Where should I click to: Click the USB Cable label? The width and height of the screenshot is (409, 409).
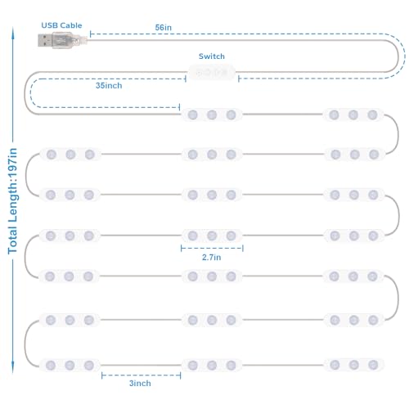(x=61, y=25)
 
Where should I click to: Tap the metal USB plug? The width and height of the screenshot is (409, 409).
(x=45, y=40)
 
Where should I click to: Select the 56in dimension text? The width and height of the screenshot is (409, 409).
(x=164, y=28)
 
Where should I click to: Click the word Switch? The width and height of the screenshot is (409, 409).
(x=212, y=56)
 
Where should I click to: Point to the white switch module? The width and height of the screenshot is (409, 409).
(x=212, y=73)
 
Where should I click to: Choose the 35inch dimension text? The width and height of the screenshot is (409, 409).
(x=109, y=86)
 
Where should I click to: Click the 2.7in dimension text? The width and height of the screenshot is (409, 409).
(x=211, y=258)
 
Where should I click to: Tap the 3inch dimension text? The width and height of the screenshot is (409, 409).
(x=140, y=384)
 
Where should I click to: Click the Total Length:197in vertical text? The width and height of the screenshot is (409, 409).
(x=13, y=201)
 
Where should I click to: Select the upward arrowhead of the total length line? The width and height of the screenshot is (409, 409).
(x=13, y=31)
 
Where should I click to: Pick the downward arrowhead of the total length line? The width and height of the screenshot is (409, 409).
(x=13, y=367)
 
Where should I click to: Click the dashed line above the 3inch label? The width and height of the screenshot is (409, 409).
(x=141, y=375)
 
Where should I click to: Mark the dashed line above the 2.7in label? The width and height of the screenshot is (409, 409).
(x=212, y=248)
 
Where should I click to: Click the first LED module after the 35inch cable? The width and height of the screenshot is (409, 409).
(x=212, y=115)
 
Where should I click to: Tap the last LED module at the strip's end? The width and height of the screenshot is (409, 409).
(x=353, y=365)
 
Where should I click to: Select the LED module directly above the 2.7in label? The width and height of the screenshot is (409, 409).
(x=212, y=236)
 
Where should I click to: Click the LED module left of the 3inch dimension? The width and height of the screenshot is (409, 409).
(x=70, y=365)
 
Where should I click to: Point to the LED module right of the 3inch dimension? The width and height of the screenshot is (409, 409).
(x=212, y=365)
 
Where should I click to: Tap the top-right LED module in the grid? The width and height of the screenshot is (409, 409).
(x=353, y=115)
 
